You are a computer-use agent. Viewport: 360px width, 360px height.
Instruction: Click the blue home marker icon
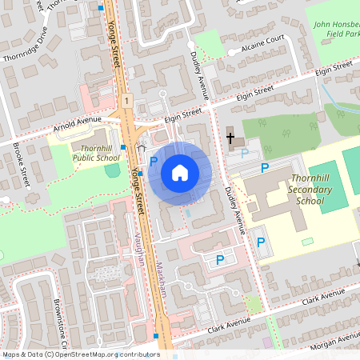click(x=180, y=173)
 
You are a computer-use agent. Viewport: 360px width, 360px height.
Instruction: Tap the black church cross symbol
click(x=231, y=138)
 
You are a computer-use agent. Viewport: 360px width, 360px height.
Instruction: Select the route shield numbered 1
click(x=126, y=100)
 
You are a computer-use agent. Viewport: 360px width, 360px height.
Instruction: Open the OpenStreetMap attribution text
click(x=80, y=354)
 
